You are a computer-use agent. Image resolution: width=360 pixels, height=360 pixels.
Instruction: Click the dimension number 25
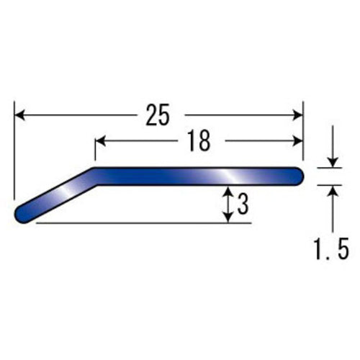158,114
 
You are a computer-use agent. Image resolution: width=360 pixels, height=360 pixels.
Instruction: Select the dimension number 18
199,140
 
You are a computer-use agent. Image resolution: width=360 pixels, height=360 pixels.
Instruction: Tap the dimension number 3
243,204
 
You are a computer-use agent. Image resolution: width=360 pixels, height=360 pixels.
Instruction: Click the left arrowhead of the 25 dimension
19,115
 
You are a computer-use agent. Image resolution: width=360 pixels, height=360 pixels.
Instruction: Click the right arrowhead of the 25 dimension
298,115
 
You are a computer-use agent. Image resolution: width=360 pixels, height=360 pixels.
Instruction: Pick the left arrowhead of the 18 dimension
100,141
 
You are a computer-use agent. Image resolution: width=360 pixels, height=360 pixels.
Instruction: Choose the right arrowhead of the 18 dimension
298,141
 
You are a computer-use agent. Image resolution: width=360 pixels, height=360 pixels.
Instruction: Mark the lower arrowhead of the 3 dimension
228,217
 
